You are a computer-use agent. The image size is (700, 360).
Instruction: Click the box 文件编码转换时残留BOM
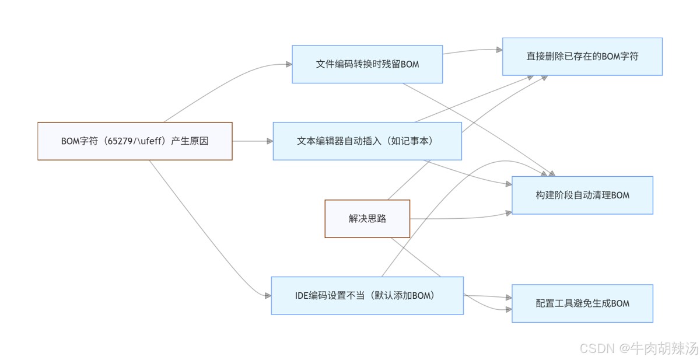point(367,64)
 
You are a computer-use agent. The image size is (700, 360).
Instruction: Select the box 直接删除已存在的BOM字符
point(582,57)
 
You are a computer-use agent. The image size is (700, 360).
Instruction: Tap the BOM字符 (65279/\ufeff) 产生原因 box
point(135,141)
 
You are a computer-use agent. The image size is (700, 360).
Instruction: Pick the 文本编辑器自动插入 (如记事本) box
point(367,141)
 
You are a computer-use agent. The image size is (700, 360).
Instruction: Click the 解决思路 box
point(367,219)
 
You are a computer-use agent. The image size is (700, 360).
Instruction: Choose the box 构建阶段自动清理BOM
point(582,195)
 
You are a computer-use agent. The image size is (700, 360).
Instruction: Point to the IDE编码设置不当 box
point(367,296)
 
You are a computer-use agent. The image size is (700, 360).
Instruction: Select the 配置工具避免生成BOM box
point(582,303)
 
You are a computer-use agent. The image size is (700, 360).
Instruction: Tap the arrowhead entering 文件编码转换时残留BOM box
point(289,64)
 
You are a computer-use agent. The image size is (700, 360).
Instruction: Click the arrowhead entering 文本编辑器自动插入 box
point(269,141)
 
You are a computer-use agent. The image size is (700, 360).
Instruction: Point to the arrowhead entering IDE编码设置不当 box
point(268,296)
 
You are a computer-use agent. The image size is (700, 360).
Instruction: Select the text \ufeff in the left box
point(149,141)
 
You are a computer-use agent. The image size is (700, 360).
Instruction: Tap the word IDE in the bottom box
point(303,296)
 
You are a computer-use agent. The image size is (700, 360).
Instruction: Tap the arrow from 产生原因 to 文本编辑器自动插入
point(251,141)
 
